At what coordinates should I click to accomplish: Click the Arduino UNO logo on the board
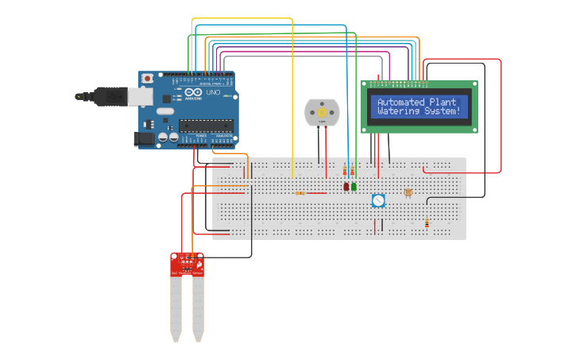point(203,94)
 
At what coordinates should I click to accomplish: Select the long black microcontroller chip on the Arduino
point(205,124)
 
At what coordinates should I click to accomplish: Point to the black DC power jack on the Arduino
point(145,138)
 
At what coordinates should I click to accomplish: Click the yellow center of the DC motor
point(322,113)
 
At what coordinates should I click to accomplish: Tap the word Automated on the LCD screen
point(401,103)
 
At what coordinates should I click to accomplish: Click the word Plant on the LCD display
point(443,103)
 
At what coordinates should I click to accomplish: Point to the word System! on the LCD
point(442,111)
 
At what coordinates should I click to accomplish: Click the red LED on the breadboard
point(346,187)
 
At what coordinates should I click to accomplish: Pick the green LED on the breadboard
point(354,187)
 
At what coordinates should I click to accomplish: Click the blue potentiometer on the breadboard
point(378,201)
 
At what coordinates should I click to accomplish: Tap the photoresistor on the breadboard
point(408,192)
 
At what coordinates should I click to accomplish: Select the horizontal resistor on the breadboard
point(300,193)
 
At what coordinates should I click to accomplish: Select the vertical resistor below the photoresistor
point(427,223)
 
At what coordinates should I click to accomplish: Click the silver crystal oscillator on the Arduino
point(167,111)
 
